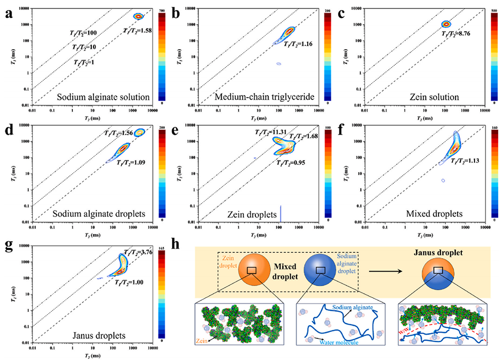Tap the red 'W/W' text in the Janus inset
pos(410,331)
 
